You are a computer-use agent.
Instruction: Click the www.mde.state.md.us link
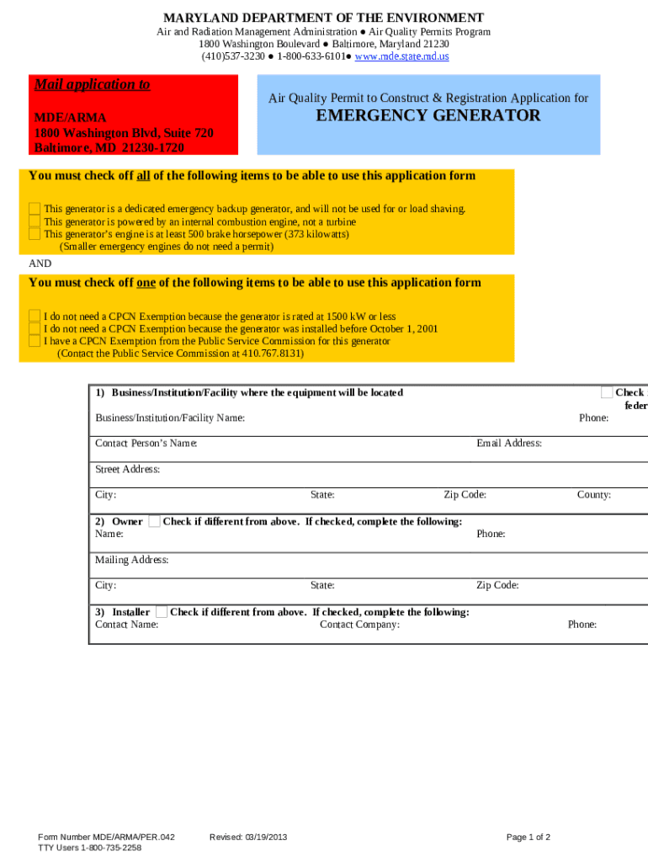pyautogui.click(x=401, y=56)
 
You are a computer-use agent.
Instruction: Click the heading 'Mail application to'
pyautogui.click(x=92, y=84)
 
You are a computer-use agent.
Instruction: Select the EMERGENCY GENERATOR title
pyautogui.click(x=428, y=116)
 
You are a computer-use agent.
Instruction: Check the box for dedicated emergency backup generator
pyautogui.click(x=35, y=209)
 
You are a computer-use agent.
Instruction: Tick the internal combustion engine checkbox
pyautogui.click(x=35, y=221)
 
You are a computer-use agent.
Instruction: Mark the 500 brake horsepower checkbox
pyautogui.click(x=35, y=234)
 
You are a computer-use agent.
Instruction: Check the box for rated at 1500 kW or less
pyautogui.click(x=35, y=317)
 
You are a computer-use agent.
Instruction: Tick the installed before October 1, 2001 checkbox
pyautogui.click(x=35, y=329)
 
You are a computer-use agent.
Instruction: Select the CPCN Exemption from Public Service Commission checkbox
pyautogui.click(x=35, y=342)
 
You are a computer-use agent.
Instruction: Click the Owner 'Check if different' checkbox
pyautogui.click(x=154, y=522)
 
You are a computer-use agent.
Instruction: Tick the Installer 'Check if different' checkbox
pyautogui.click(x=162, y=612)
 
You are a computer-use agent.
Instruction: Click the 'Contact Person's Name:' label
pyautogui.click(x=146, y=444)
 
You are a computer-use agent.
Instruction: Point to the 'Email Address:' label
pyautogui.click(x=508, y=444)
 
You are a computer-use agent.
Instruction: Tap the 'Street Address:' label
pyautogui.click(x=128, y=470)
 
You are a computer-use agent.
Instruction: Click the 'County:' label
pyautogui.click(x=593, y=495)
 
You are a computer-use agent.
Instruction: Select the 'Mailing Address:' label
pyautogui.click(x=132, y=560)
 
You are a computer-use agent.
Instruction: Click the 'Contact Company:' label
pyautogui.click(x=359, y=625)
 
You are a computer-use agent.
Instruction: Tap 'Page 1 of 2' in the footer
pyautogui.click(x=528, y=838)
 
